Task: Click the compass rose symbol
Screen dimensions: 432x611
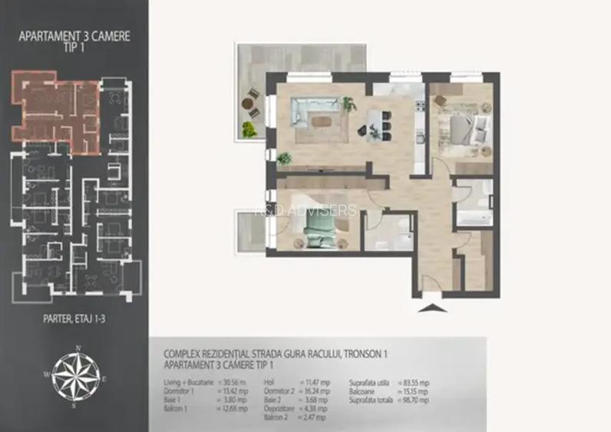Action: pos(75,375)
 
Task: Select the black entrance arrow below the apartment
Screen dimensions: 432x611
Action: pos(432,309)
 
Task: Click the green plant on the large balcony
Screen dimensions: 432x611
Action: pos(249,129)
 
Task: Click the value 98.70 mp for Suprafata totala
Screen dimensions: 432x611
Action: pos(415,400)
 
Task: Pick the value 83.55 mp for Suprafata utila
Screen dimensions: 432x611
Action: pos(415,381)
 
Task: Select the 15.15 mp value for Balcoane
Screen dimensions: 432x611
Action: pos(415,391)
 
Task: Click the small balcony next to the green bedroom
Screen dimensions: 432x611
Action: pos(246,228)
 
